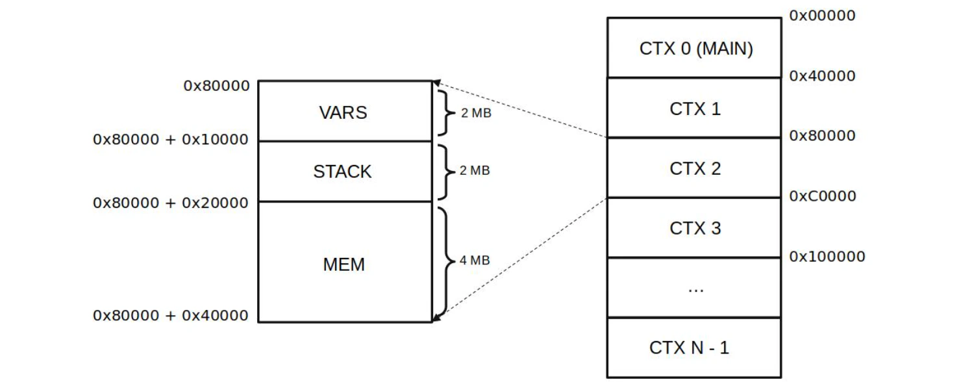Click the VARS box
(344, 112)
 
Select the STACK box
(344, 172)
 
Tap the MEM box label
(344, 264)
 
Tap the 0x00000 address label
(823, 16)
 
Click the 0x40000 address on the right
(823, 76)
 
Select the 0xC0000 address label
(823, 196)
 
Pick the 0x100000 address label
(827, 256)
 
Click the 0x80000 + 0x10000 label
(171, 139)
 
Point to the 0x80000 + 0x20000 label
(171, 203)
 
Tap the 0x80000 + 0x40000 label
(171, 316)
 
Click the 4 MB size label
(474, 261)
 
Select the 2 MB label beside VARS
(476, 113)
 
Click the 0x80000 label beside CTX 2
(823, 136)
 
